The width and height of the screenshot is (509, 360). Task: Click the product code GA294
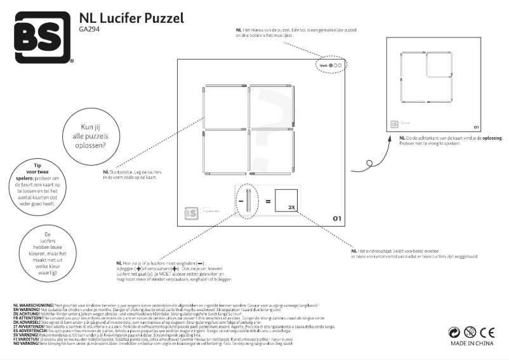coord(89,29)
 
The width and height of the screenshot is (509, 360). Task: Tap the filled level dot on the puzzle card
coord(331,65)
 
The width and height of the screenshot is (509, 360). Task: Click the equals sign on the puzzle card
coord(268,202)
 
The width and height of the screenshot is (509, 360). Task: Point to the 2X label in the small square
coord(291,207)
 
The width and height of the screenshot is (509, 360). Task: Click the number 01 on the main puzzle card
coord(337,218)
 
